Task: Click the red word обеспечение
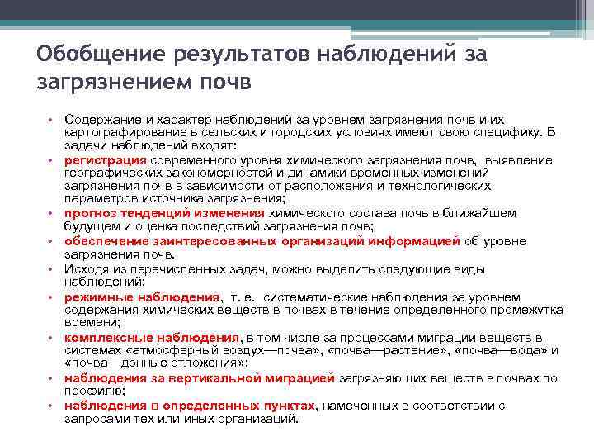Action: pyautogui.click(x=104, y=241)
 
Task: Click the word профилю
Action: pyautogui.click(x=93, y=391)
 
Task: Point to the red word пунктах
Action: pyautogui.click(x=290, y=405)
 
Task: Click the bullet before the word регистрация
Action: pyautogui.click(x=50, y=160)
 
